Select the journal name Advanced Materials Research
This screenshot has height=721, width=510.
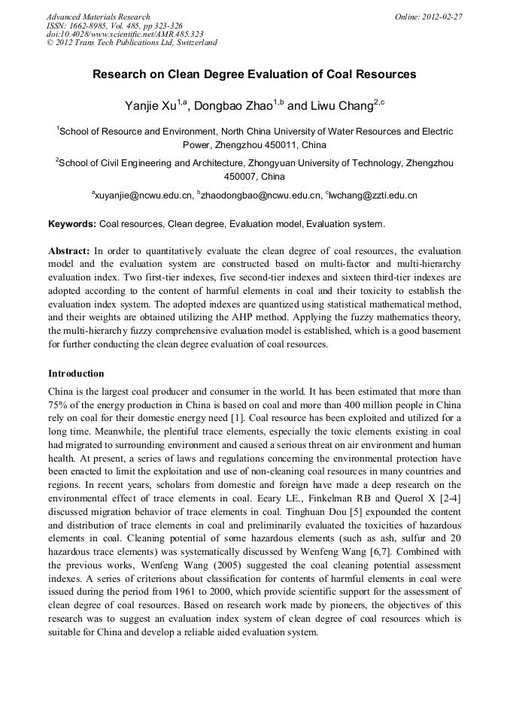[x=98, y=17]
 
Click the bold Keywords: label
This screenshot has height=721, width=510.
[x=72, y=224]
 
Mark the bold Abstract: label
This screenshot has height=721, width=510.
[x=69, y=250]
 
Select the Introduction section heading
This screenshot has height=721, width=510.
[x=76, y=374]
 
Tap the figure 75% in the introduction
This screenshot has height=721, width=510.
[x=58, y=404]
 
